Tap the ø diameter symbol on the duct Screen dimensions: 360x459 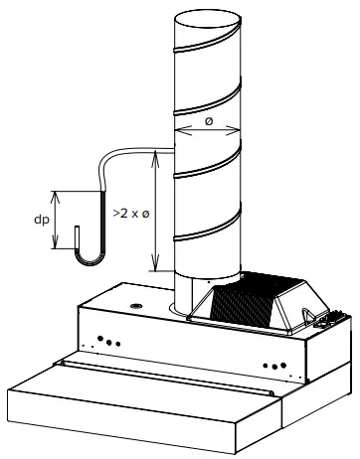[208, 120]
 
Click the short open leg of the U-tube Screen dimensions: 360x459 [77, 239]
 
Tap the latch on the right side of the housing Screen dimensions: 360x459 [323, 319]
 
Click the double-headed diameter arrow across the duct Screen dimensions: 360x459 [207, 130]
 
